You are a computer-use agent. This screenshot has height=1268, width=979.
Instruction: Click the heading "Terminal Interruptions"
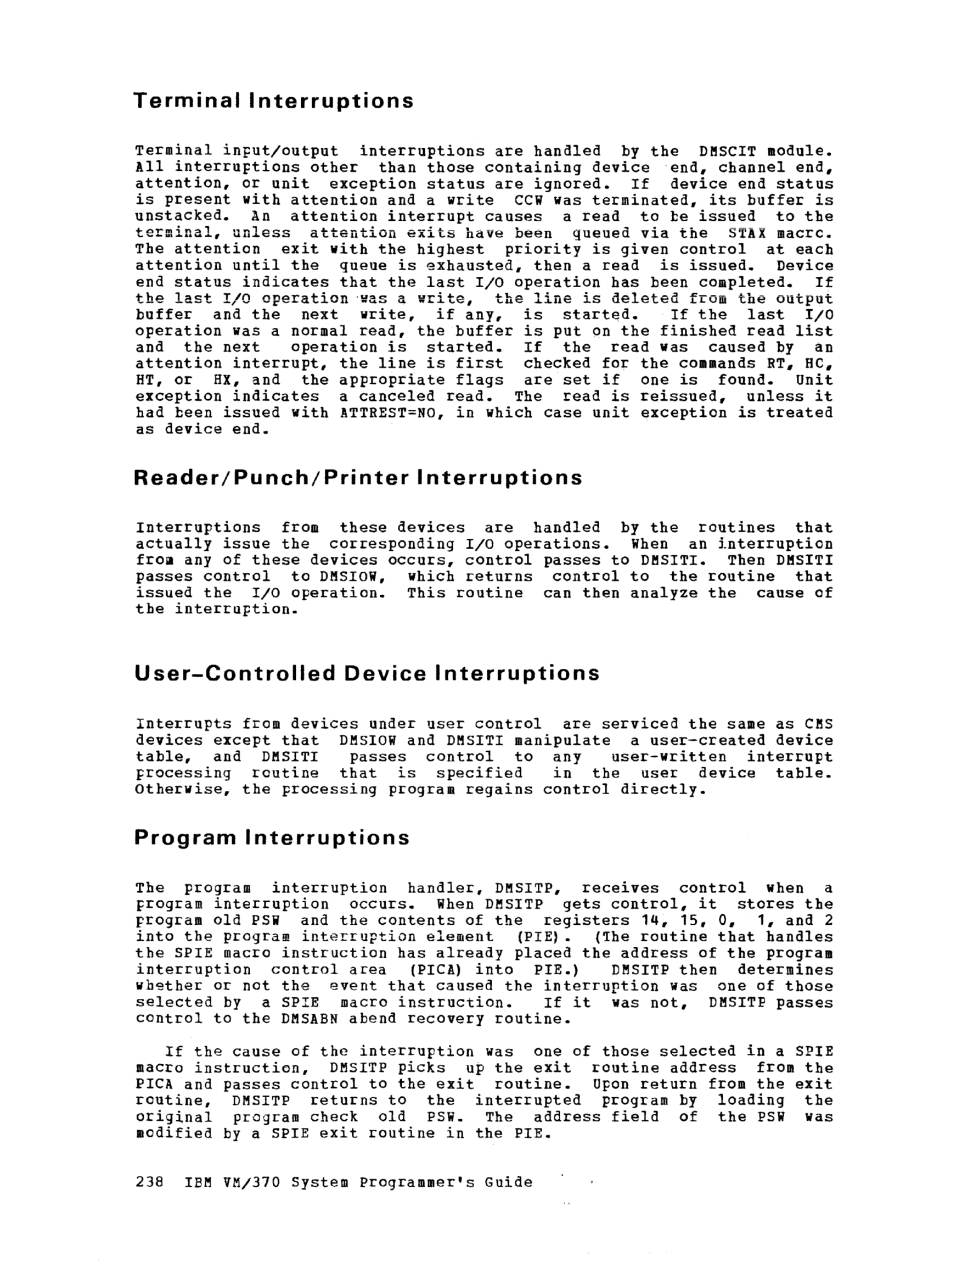pos(273,101)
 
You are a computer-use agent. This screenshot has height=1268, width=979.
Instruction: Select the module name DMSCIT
pos(728,152)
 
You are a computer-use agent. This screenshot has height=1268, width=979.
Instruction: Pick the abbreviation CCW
pos(528,200)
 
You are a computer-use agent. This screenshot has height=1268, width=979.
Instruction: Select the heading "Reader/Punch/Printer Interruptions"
pos(357,478)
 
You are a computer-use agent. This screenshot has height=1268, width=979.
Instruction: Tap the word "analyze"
pos(664,593)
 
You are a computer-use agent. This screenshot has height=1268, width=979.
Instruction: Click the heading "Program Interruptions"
pos(272,838)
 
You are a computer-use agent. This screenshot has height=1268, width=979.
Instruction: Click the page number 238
pos(149,1183)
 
